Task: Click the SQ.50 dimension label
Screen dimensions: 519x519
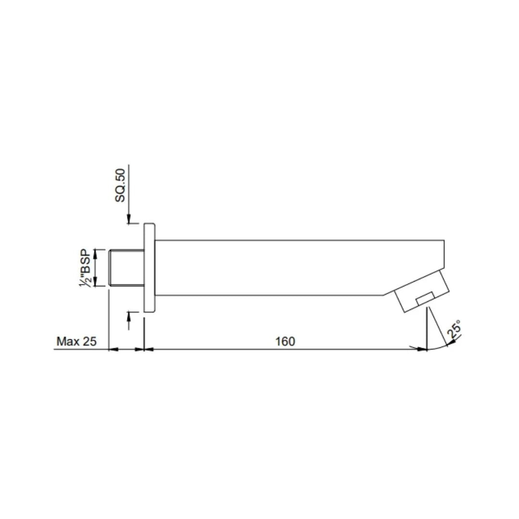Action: pos(121,185)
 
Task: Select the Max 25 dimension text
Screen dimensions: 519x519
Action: pos(77,341)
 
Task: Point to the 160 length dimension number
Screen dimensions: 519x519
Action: pos(285,341)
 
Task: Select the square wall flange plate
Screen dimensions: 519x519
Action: pos(149,268)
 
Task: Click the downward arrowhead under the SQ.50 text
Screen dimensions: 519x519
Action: pos(129,220)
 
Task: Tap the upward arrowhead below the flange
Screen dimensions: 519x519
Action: pos(129,315)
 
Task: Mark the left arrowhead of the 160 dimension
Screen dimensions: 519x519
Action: pos(149,349)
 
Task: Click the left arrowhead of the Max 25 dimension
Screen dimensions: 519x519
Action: pos(113,349)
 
